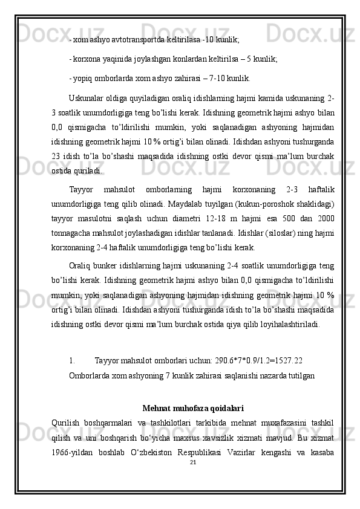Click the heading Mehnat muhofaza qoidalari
coord(192,408)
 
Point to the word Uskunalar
coord(88,98)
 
